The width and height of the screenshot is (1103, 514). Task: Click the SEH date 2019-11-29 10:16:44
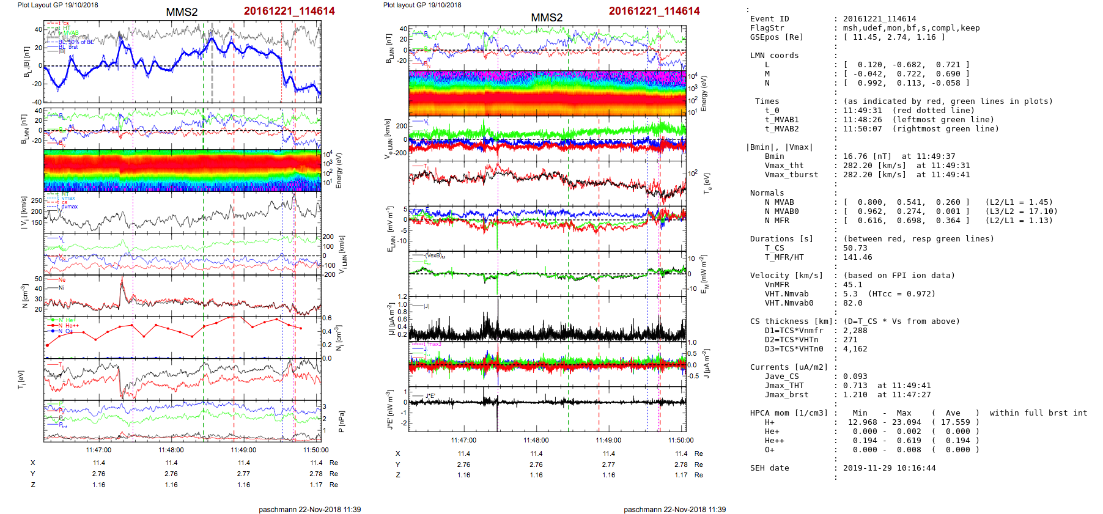tap(889, 468)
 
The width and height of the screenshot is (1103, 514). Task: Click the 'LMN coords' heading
tap(774, 56)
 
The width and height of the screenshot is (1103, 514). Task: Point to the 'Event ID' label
tap(769, 19)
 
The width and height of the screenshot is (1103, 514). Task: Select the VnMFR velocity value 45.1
tap(853, 285)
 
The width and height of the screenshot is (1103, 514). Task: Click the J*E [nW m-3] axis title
tap(389, 409)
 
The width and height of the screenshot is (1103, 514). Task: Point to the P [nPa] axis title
tap(341, 421)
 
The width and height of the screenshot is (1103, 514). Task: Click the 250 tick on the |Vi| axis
tap(37, 200)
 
